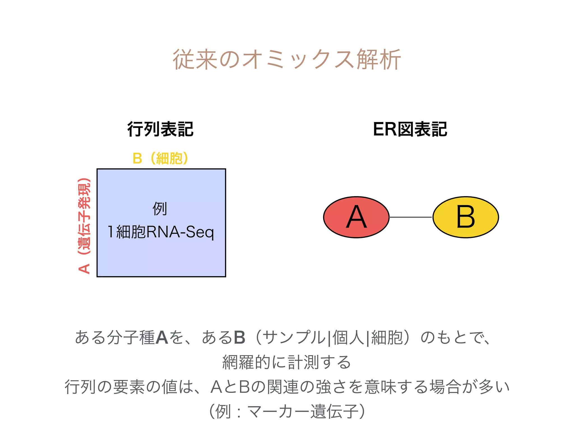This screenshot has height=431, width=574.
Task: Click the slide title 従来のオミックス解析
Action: point(287,59)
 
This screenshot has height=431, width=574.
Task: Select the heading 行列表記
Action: point(160,129)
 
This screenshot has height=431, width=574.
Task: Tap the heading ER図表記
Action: point(410,129)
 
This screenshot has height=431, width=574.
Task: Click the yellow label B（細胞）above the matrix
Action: point(160,158)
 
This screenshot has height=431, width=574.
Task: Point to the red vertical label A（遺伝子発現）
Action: point(84,226)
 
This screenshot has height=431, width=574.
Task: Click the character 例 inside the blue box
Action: point(160,209)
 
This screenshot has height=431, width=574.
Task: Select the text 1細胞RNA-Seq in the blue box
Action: point(161,232)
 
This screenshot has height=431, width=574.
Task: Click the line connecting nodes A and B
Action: point(411,217)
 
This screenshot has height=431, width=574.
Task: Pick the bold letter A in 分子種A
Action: point(162,338)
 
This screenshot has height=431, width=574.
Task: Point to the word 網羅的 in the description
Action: point(246,362)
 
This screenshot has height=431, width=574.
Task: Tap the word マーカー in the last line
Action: point(269,412)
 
